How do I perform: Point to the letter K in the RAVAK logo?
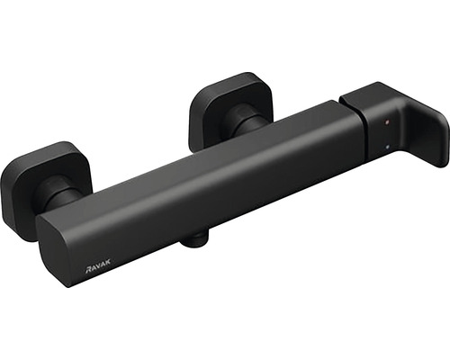[x=108, y=261]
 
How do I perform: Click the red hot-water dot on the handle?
[x=387, y=122]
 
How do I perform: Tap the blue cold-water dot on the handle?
[x=388, y=147]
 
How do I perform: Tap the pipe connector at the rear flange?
[x=245, y=123]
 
